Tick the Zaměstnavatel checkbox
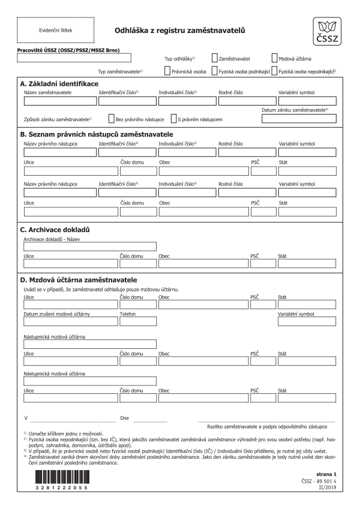[214, 59]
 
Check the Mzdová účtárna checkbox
[275, 59]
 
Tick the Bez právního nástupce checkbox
[111, 119]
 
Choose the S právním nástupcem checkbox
[173, 119]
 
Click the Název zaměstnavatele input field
[59, 101]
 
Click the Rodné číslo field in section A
[247, 101]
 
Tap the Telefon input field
[137, 322]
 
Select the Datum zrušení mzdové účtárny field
[69, 322]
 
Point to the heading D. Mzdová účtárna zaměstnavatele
[79, 280]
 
